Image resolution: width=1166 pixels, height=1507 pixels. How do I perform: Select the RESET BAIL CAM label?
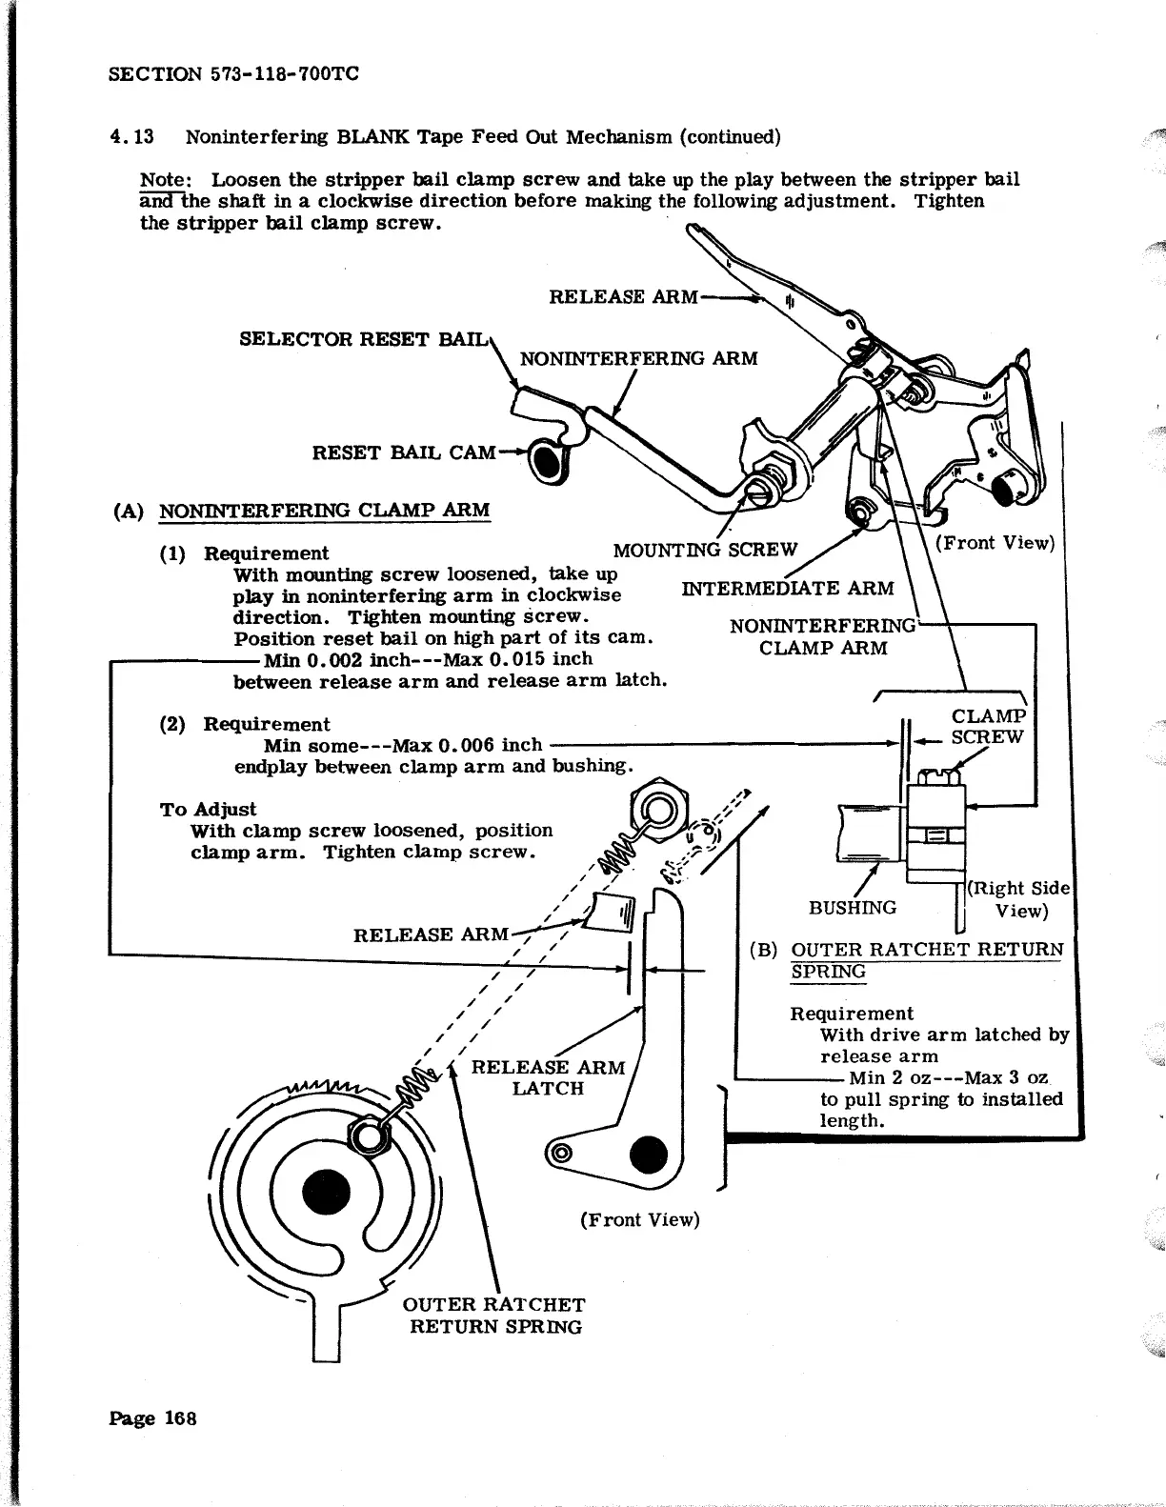(x=404, y=452)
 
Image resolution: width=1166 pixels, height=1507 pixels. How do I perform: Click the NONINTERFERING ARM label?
(x=638, y=358)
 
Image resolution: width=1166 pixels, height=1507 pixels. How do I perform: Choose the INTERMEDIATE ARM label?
(x=788, y=588)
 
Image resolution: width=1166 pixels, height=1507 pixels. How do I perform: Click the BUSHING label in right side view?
(x=852, y=907)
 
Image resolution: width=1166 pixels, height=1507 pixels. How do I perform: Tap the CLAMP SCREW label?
(x=988, y=727)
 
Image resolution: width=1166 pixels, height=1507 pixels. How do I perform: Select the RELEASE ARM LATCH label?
(x=548, y=1077)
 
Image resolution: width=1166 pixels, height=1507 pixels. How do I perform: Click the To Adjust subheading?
(x=208, y=809)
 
